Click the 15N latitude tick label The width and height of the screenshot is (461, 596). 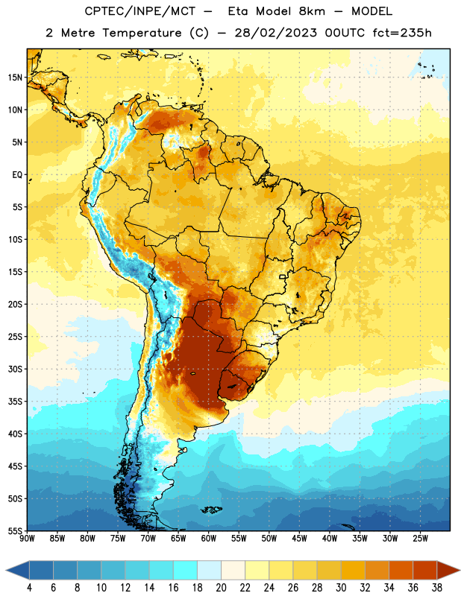pyautogui.click(x=15, y=77)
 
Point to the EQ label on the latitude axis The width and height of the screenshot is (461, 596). pyautogui.click(x=17, y=175)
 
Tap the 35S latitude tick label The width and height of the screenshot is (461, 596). pyautogui.click(x=15, y=402)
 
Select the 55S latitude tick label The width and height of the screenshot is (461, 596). pyautogui.click(x=15, y=530)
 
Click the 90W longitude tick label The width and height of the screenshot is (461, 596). pyautogui.click(x=28, y=539)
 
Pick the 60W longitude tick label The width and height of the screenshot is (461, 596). pyautogui.click(x=209, y=539)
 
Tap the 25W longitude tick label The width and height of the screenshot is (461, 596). pyautogui.click(x=420, y=539)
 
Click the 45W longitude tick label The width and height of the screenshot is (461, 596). pyautogui.click(x=299, y=539)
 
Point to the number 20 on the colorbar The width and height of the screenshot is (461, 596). pyautogui.click(x=221, y=588)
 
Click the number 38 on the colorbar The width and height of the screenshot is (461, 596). pyautogui.click(x=437, y=588)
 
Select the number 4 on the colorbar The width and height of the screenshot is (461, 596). pyautogui.click(x=29, y=588)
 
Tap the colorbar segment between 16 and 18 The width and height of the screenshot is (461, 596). pyautogui.click(x=185, y=570)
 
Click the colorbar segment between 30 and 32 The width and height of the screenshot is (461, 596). pyautogui.click(x=353, y=570)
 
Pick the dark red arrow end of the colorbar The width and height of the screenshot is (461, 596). pyautogui.click(x=448, y=570)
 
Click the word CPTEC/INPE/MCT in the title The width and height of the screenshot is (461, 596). pyautogui.click(x=139, y=11)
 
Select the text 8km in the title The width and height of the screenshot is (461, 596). pyautogui.click(x=312, y=11)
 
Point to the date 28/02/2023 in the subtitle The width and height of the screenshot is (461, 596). pyautogui.click(x=275, y=33)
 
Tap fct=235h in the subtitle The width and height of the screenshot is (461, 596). pyautogui.click(x=402, y=33)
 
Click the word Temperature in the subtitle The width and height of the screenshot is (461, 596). pyautogui.click(x=142, y=33)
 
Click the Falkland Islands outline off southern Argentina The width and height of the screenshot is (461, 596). pyautogui.click(x=212, y=510)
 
